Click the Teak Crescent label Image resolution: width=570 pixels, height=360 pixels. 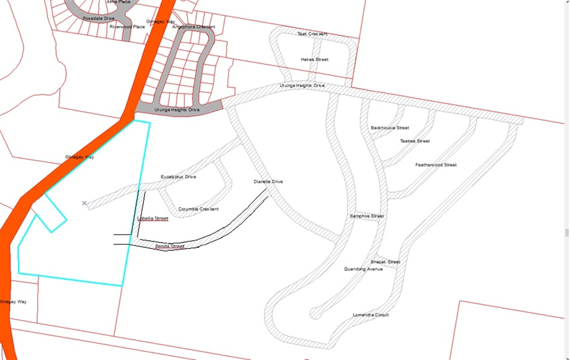[312, 34]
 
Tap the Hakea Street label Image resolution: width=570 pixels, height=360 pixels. [314, 59]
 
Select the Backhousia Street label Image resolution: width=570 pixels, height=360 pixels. [390, 128]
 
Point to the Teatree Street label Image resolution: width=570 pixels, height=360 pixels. [414, 141]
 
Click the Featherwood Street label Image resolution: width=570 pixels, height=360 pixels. [435, 165]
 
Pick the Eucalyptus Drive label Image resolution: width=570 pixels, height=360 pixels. [178, 177]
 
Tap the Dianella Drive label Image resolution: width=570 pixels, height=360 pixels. [268, 182]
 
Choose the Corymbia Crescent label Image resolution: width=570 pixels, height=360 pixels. [198, 209]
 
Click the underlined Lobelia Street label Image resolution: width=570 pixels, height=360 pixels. [153, 218]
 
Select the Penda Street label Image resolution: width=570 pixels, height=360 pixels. [170, 246]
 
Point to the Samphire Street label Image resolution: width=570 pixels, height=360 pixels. [367, 216]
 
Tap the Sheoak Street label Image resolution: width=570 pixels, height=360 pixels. [385, 262]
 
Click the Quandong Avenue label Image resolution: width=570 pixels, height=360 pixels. [363, 269]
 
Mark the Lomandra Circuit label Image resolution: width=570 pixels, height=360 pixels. [370, 315]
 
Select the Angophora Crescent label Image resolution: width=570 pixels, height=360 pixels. [193, 27]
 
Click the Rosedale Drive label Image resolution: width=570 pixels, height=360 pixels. [98, 18]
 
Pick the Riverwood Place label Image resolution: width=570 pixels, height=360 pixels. [127, 26]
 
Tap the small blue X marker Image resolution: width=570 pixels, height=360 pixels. [84, 203]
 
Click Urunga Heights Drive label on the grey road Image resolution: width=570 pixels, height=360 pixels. [177, 109]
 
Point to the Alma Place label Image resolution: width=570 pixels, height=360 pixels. [118, 2]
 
